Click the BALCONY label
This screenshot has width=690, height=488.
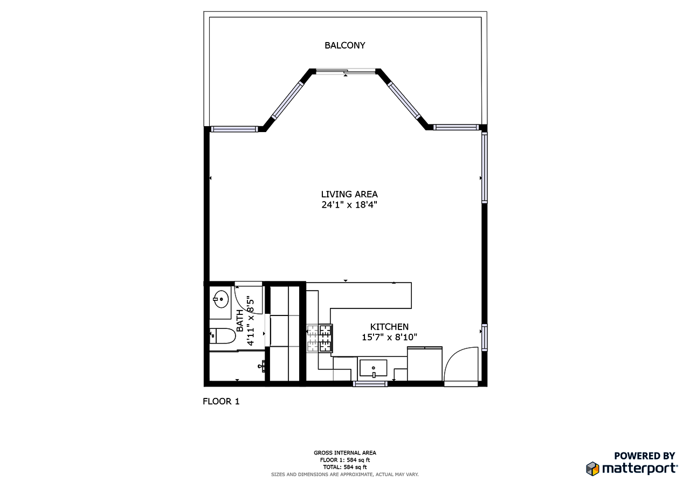pos(344,45)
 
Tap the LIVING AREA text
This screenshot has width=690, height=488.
pos(349,194)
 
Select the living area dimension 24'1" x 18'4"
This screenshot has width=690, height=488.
pos(349,205)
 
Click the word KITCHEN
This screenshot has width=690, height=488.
pos(389,327)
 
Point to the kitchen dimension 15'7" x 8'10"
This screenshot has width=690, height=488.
pos(389,337)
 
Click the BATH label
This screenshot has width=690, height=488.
pos(239,320)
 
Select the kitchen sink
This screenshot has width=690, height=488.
pos(373,369)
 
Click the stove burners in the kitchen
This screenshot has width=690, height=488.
pos(320,338)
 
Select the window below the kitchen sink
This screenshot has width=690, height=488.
pos(370,384)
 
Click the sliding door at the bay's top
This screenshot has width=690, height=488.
pos(346,71)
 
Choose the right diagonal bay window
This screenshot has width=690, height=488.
pos(403,100)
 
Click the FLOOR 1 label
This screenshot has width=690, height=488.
pos(220,401)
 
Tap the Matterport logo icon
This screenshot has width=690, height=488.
pos(592,468)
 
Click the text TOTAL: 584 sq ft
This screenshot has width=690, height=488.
pos(344,467)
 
